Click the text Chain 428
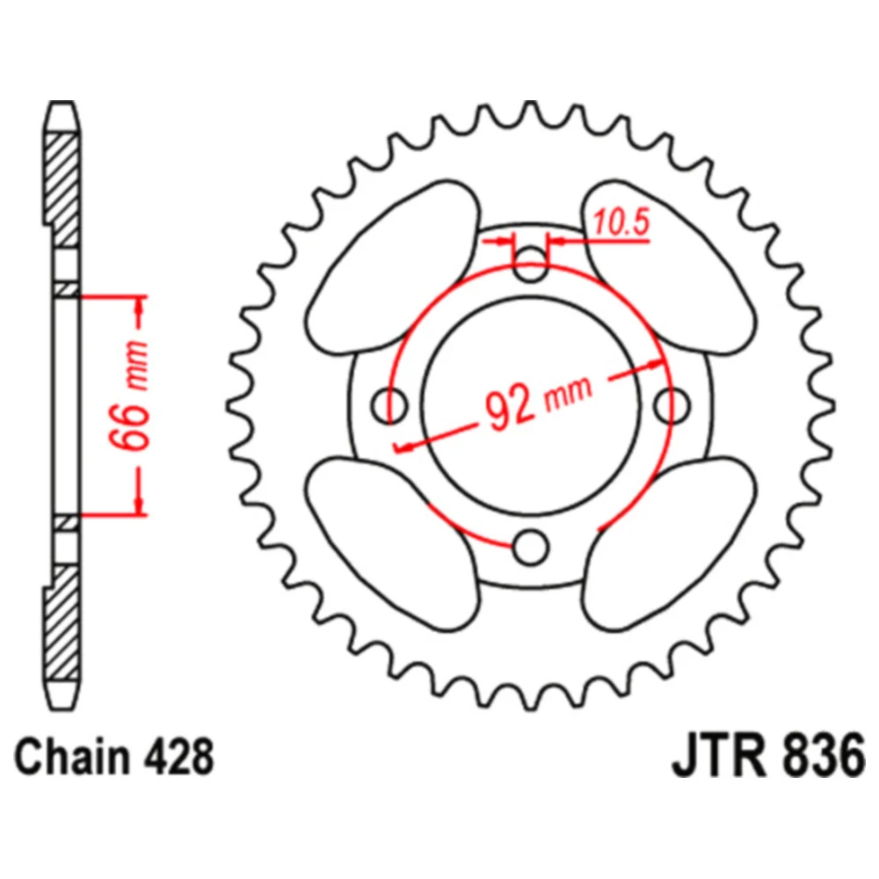point(114,757)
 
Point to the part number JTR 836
point(768,756)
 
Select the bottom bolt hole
point(530,547)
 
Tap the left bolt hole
point(389,404)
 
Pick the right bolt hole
point(672,404)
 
